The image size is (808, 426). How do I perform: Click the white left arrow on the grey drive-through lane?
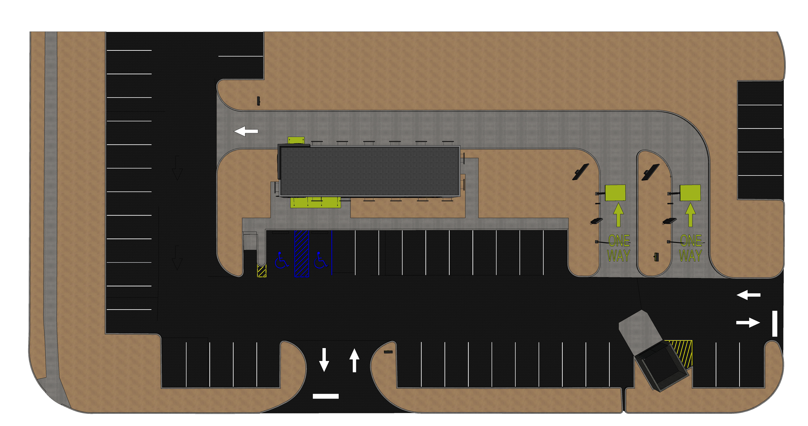(x=246, y=131)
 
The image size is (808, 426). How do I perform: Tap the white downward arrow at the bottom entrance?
(x=324, y=359)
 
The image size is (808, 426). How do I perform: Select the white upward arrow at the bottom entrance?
(x=354, y=360)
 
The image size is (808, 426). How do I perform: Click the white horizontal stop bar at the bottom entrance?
(x=325, y=396)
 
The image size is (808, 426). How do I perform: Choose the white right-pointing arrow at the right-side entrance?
(x=748, y=323)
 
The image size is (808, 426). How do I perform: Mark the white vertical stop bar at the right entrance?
(x=775, y=324)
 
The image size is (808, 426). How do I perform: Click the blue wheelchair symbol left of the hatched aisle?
(x=281, y=260)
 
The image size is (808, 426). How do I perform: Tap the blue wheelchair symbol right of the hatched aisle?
(x=320, y=260)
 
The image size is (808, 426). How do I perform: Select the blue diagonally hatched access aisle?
(x=302, y=254)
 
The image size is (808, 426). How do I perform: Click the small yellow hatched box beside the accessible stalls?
(x=261, y=271)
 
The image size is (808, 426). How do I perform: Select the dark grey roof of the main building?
(x=369, y=171)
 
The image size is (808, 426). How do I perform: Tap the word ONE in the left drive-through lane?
(x=619, y=240)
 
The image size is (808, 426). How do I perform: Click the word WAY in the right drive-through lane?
(x=690, y=256)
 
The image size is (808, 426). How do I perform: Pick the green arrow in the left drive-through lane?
(x=618, y=215)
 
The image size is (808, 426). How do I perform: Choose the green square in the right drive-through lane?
(x=690, y=193)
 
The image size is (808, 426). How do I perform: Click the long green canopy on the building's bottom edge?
(x=315, y=203)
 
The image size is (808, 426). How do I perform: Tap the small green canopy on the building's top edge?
(x=296, y=140)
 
